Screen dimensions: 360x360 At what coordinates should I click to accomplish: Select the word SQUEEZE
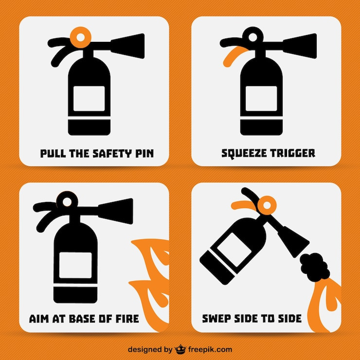tap(244, 153)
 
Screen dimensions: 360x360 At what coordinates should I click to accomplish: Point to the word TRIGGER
tap(293, 153)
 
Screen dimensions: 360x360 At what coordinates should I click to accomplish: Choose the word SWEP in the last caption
tap(216, 319)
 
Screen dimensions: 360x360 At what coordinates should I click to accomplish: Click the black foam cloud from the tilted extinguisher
tap(314, 267)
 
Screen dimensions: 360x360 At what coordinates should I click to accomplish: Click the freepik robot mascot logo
tap(180, 349)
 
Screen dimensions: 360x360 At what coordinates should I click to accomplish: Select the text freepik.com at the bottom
tap(210, 350)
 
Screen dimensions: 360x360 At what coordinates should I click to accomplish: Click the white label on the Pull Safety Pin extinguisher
tap(89, 99)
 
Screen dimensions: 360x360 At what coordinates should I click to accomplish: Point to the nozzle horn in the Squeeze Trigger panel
tap(300, 46)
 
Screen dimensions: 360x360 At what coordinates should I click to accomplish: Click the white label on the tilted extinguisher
tap(234, 250)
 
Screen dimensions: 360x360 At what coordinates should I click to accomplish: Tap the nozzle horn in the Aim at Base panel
tap(116, 211)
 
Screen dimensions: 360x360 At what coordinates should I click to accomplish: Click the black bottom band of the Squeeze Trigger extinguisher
tap(261, 127)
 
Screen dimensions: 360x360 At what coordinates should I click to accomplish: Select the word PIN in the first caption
tap(144, 154)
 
